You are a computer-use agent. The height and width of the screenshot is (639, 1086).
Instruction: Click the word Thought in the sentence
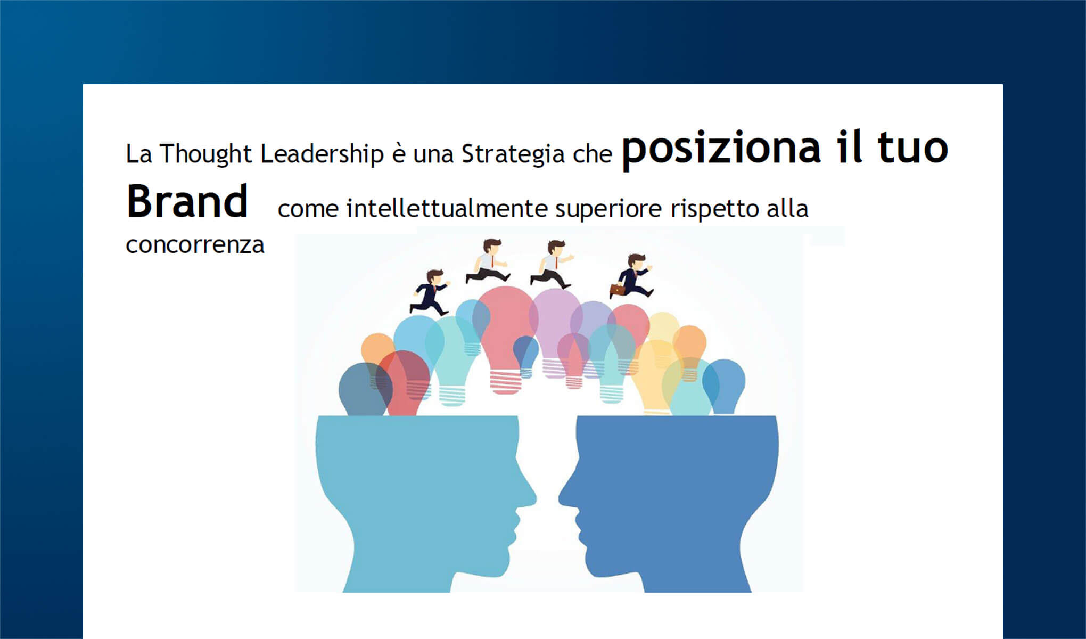click(x=205, y=154)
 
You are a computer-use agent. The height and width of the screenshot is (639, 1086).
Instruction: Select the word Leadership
click(x=322, y=154)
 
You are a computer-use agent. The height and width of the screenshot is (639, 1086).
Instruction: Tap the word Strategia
click(x=512, y=154)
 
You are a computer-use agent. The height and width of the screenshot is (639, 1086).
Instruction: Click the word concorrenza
click(x=195, y=245)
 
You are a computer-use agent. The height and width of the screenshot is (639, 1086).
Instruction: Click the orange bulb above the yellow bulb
click(x=689, y=346)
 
